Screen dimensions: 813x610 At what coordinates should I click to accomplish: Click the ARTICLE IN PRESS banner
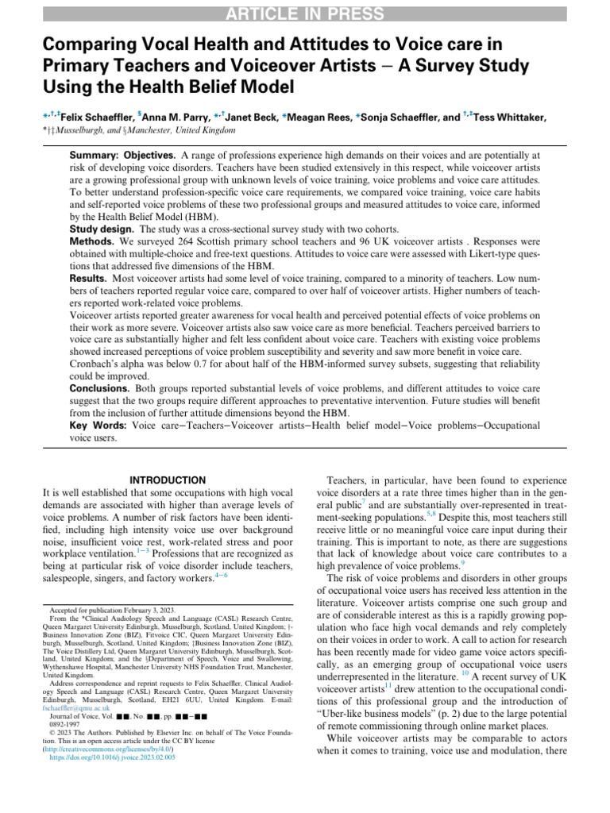[305, 13]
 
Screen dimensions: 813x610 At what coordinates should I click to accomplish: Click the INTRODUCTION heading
[167, 480]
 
